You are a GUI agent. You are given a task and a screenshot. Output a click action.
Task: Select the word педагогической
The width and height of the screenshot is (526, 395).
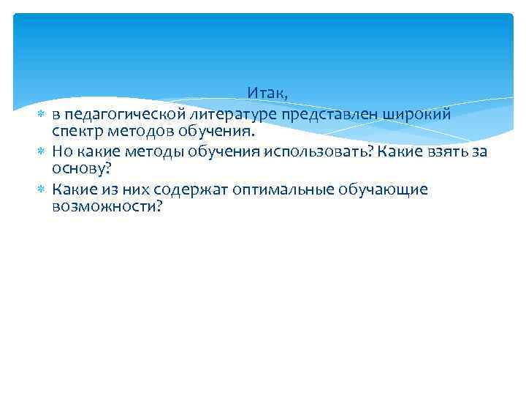coord(114,115)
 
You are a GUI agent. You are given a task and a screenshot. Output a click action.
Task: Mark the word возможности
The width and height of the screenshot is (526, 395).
coord(107,207)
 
